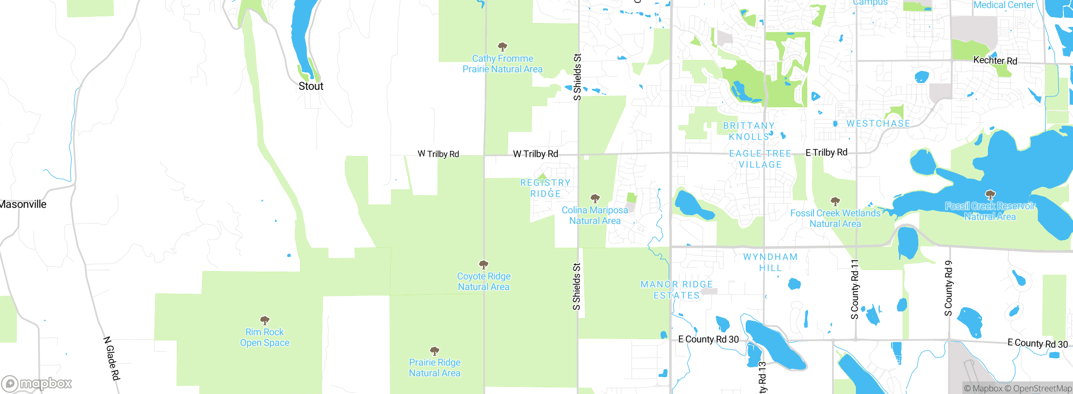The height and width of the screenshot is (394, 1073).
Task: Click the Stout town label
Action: click(311, 86)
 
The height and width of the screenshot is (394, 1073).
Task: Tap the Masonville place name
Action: click(23, 205)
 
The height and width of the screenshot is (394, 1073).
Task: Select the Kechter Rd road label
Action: click(995, 60)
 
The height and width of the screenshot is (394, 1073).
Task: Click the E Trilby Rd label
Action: click(826, 153)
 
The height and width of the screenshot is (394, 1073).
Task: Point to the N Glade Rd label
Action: click(112, 358)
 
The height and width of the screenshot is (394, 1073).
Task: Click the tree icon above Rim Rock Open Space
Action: click(264, 321)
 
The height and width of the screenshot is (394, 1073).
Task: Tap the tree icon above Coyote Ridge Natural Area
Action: click(484, 264)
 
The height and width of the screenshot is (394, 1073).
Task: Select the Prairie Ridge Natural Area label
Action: click(435, 368)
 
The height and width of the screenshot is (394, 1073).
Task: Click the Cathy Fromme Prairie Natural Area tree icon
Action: click(502, 47)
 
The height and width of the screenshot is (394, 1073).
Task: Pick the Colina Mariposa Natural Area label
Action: click(595, 215)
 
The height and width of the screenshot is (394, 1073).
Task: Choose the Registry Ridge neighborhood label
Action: click(545, 188)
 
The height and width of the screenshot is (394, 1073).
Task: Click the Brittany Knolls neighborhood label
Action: click(749, 131)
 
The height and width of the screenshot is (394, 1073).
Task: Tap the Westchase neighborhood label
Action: click(879, 124)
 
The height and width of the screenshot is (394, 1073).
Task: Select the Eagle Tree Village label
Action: click(760, 159)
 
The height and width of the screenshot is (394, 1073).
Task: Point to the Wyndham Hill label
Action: click(770, 262)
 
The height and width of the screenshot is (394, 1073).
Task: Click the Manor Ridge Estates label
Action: click(676, 290)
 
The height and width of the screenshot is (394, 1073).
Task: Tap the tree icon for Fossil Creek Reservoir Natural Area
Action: click(990, 194)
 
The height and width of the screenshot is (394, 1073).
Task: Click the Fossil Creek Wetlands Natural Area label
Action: click(835, 218)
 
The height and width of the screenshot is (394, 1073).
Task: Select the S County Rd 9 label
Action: click(948, 288)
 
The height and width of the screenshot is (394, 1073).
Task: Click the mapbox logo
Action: click(37, 383)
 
